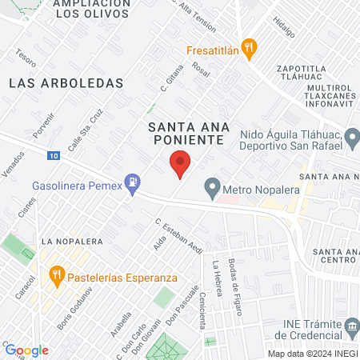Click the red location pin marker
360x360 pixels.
coord(180,164)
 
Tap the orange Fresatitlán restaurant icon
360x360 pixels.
coord(250,48)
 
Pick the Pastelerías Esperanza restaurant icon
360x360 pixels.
coord(56,277)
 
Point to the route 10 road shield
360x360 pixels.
coord(54,155)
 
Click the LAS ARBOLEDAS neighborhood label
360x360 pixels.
coord(66,82)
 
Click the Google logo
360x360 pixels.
coord(26,350)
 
